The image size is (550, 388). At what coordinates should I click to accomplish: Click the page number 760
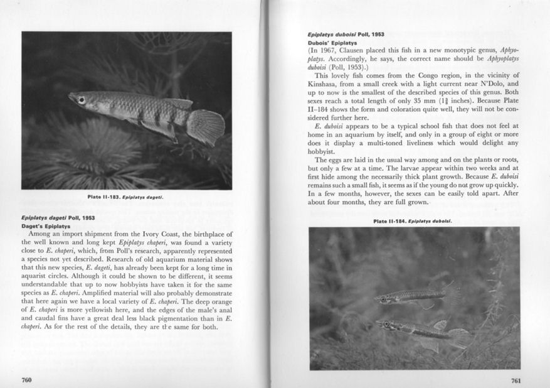pos(26,379)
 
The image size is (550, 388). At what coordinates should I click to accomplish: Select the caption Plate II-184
pos(413,221)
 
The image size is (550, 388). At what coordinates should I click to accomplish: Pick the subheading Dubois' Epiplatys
pos(333,43)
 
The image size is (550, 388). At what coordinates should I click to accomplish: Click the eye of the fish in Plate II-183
pos(82,99)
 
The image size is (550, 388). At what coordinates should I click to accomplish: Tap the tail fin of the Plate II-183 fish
pos(205,126)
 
